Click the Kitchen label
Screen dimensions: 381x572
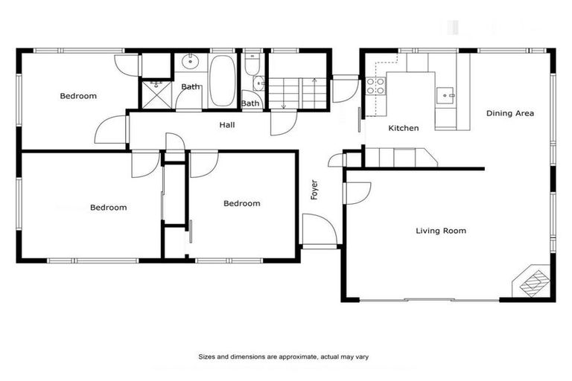coord(404,128)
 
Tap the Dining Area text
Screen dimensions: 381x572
coord(510,113)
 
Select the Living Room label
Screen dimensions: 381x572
coord(441,231)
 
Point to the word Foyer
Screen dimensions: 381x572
coord(314,190)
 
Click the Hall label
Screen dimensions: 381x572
coord(227,125)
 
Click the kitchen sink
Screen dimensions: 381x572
coord(445,95)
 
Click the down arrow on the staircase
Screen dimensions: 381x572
coord(283,104)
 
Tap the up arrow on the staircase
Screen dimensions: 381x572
coord(314,80)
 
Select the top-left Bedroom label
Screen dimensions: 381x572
coord(78,96)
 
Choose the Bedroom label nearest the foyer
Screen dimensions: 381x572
coord(242,203)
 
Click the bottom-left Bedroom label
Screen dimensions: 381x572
coord(108,208)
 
